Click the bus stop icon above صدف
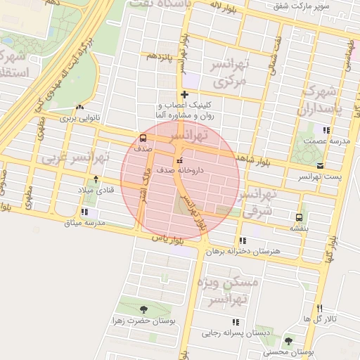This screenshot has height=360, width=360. point(143,138)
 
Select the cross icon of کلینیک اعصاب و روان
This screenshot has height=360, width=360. point(184,94)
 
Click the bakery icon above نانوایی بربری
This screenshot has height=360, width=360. point(79,108)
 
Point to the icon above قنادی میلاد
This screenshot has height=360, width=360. point(96,179)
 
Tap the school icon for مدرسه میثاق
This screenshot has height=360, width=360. point(84,212)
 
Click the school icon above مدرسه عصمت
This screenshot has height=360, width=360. point(325,129)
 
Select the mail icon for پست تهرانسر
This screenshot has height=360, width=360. point(320,166)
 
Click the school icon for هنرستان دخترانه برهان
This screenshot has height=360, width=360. point(243,240)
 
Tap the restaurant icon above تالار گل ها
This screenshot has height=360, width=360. point(320,308)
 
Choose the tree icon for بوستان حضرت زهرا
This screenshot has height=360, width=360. point(144,309)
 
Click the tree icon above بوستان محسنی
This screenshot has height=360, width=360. point(288,341)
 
